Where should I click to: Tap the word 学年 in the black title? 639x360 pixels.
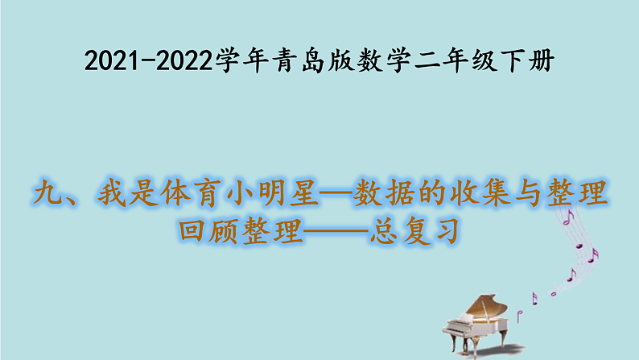point(238,60)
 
